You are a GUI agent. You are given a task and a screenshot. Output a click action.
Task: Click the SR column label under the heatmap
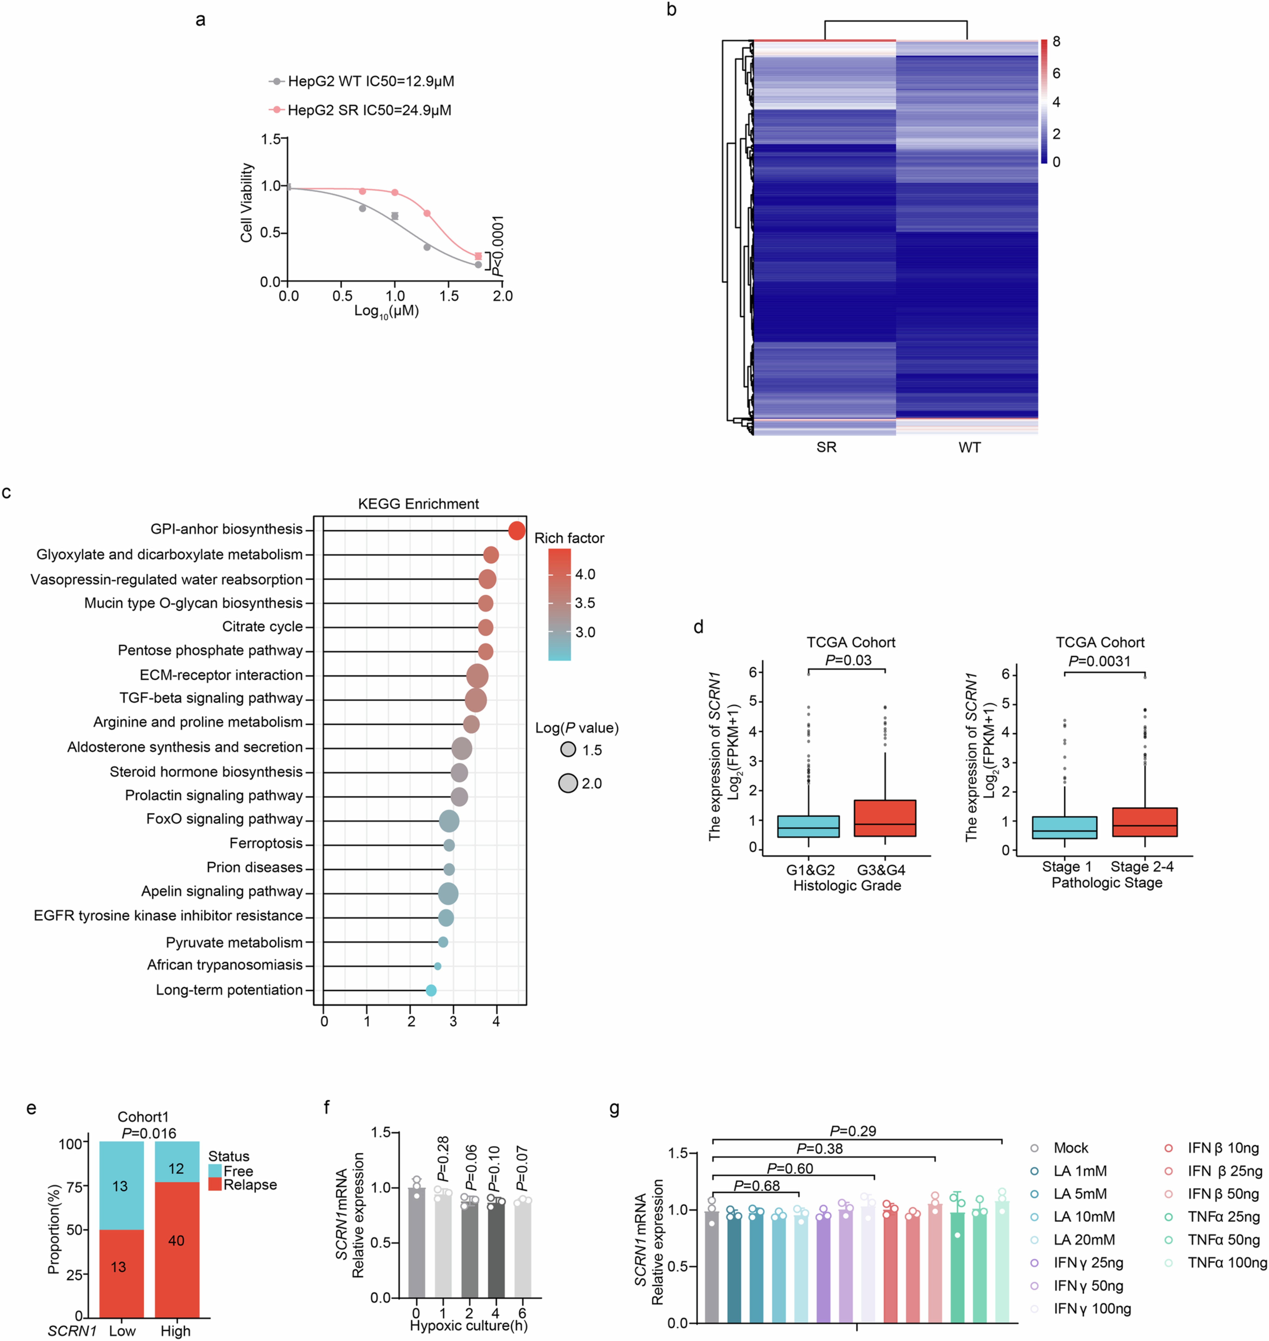point(826,447)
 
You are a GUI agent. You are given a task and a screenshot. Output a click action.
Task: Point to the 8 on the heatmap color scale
point(1056,42)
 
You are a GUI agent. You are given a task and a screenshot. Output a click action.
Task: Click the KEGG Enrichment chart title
point(418,504)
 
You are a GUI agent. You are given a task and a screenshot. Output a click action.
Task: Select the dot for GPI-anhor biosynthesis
point(516,531)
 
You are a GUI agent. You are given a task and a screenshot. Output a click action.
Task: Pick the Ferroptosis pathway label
point(266,843)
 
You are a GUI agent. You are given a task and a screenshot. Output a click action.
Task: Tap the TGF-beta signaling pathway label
point(211,698)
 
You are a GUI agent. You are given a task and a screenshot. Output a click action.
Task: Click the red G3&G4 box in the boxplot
point(885,818)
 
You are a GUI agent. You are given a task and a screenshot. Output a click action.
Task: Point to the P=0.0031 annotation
point(1099,661)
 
